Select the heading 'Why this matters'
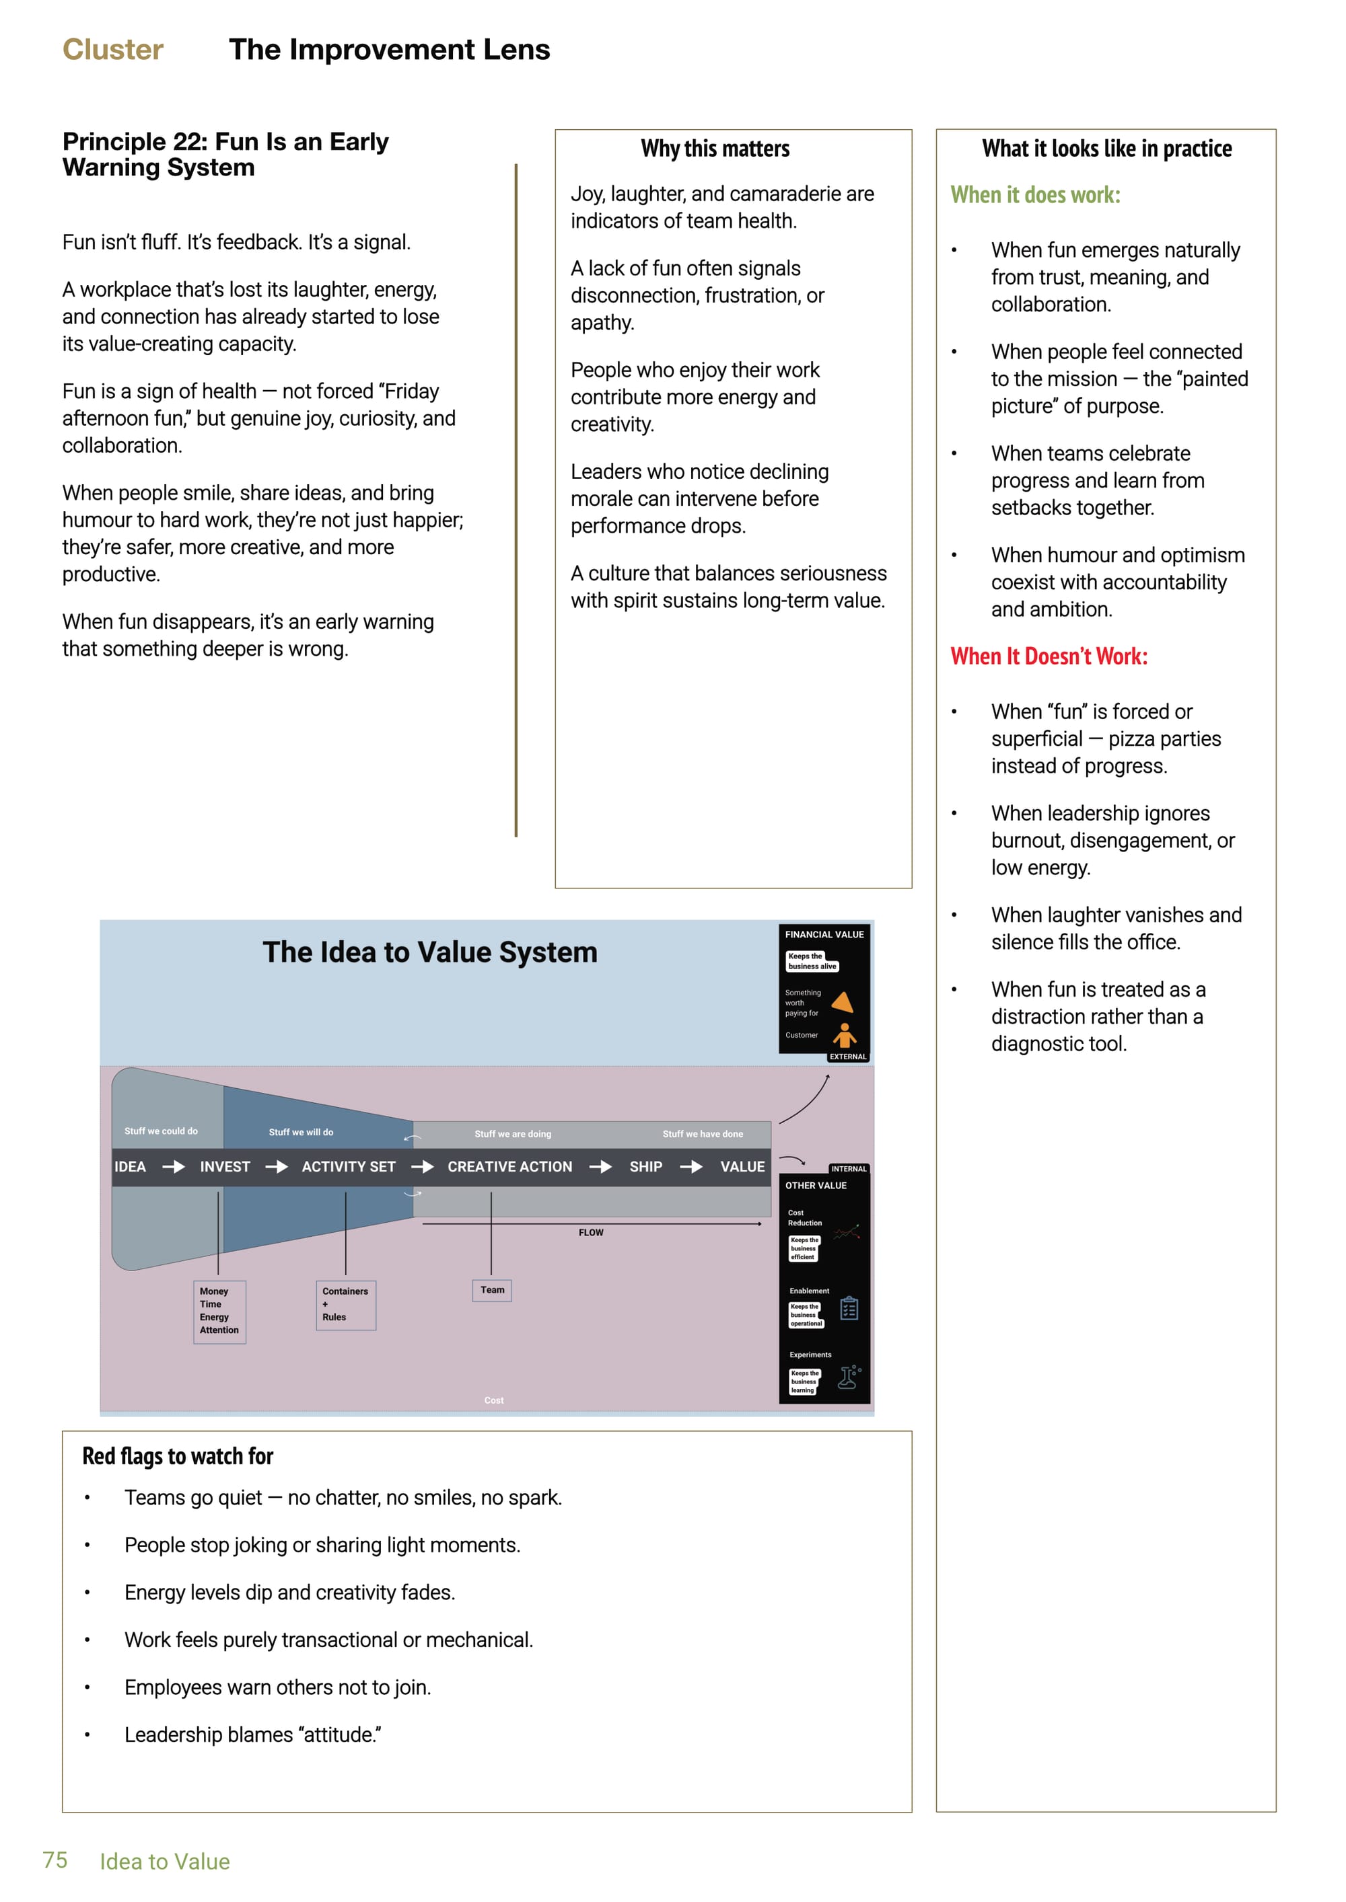715,149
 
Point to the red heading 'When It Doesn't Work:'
1049,656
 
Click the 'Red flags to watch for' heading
178,1455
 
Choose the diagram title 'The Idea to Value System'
429,952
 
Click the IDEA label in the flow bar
130,1166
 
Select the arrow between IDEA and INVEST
173,1166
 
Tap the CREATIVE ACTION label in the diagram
509,1166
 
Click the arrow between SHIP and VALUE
691,1166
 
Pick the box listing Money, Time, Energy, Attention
219,1311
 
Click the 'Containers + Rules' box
346,1305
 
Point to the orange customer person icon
845,1034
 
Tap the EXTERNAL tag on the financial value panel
848,1057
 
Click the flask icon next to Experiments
849,1377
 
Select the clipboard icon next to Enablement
849,1309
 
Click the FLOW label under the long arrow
591,1233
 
